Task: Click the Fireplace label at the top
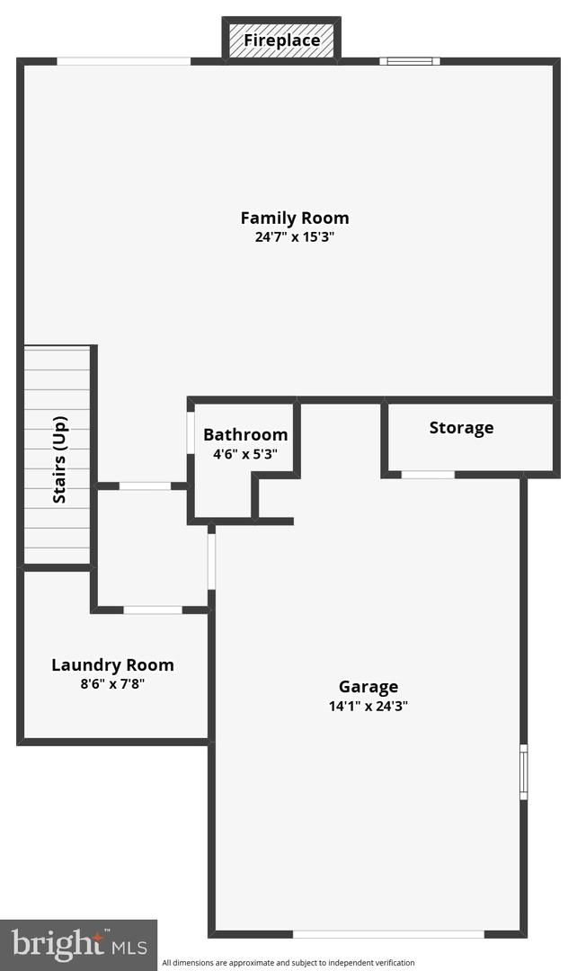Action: pyautogui.click(x=281, y=40)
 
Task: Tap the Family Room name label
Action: pyautogui.click(x=295, y=218)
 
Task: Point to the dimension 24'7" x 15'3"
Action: pyautogui.click(x=295, y=236)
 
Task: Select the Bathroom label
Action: pyautogui.click(x=245, y=435)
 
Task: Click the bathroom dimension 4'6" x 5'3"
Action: pyautogui.click(x=245, y=454)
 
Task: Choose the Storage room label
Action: pyautogui.click(x=461, y=428)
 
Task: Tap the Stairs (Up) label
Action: pyautogui.click(x=59, y=459)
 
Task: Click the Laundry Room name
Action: pyautogui.click(x=112, y=665)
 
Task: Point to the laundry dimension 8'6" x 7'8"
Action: pyautogui.click(x=112, y=684)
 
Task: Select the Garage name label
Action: pyautogui.click(x=368, y=687)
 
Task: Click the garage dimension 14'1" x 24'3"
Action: pyautogui.click(x=368, y=706)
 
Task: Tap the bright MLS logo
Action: pyautogui.click(x=78, y=944)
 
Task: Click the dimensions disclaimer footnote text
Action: pyautogui.click(x=288, y=963)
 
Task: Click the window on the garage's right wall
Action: pyautogui.click(x=524, y=772)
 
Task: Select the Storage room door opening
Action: pyautogui.click(x=428, y=475)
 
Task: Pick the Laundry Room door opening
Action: pyautogui.click(x=153, y=610)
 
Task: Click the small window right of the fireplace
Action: pyautogui.click(x=410, y=61)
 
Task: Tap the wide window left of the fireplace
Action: pyautogui.click(x=124, y=61)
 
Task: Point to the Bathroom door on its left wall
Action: pyautogui.click(x=191, y=432)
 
